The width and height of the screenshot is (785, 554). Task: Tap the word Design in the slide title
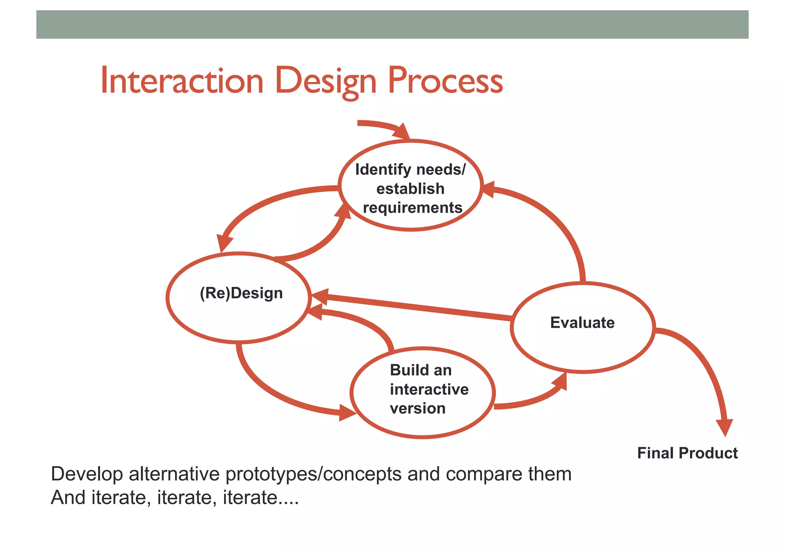click(x=325, y=81)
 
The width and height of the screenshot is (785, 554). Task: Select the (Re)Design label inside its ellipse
click(x=241, y=293)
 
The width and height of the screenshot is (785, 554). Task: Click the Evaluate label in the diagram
click(x=582, y=323)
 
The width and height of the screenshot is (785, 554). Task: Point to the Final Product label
click(x=687, y=453)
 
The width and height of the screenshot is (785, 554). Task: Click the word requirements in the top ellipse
click(x=412, y=208)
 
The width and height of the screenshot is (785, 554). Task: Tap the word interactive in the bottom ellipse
click(x=429, y=389)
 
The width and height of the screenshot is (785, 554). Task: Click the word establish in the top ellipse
click(x=410, y=189)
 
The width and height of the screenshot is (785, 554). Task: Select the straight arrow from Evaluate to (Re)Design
click(x=414, y=307)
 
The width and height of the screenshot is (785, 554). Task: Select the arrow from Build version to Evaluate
click(x=533, y=399)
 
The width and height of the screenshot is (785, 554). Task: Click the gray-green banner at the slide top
click(x=392, y=25)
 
